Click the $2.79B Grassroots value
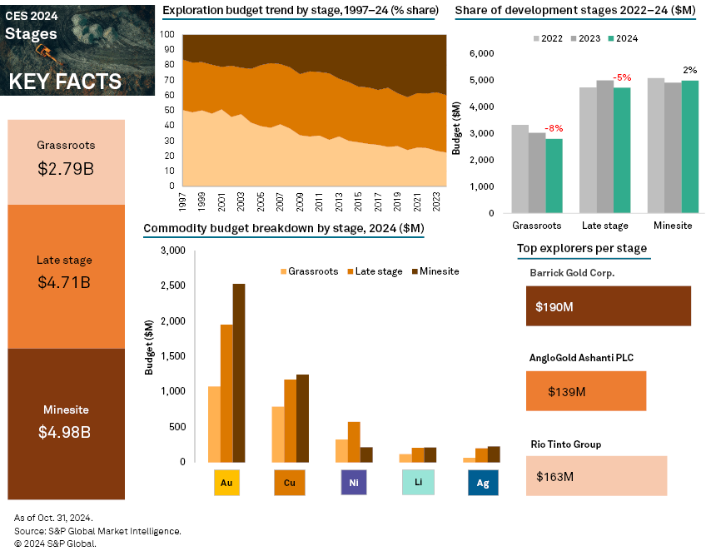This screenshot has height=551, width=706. pyautogui.click(x=66, y=169)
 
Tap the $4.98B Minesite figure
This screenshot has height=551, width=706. pyautogui.click(x=66, y=432)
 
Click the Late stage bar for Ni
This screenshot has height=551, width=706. pyautogui.click(x=354, y=441)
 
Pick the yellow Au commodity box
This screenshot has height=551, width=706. pyautogui.click(x=226, y=483)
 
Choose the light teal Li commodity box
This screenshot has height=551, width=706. pyautogui.click(x=418, y=483)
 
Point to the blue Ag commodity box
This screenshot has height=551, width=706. pyautogui.click(x=483, y=483)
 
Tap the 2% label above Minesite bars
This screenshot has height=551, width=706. pyautogui.click(x=689, y=70)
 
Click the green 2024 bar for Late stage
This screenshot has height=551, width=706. pyautogui.click(x=622, y=150)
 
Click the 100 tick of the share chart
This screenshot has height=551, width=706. pyautogui.click(x=167, y=35)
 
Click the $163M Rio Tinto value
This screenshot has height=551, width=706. pyautogui.click(x=555, y=477)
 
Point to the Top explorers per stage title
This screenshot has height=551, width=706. pyautogui.click(x=581, y=248)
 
